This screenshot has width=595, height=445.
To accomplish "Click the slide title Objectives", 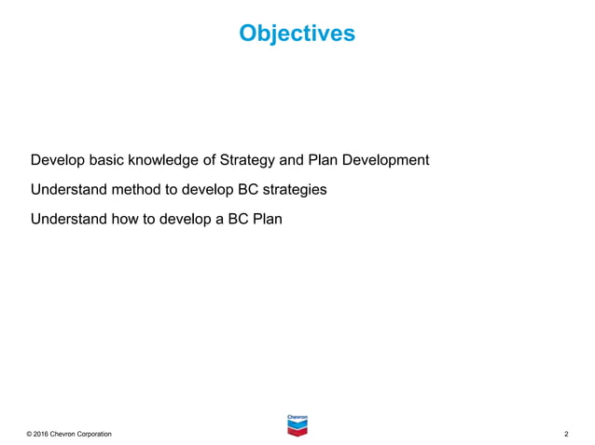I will pyautogui.click(x=297, y=34).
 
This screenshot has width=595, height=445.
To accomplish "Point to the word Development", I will pyautogui.click(x=385, y=160).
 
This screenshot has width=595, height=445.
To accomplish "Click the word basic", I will pyautogui.click(x=107, y=160).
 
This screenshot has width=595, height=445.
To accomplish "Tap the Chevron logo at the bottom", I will pyautogui.click(x=297, y=423).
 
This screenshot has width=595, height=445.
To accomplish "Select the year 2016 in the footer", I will pyautogui.click(x=46, y=435).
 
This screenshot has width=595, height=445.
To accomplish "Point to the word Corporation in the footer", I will pyautogui.click(x=94, y=435).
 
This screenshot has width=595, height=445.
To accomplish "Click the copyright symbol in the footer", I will pyautogui.click(x=31, y=435).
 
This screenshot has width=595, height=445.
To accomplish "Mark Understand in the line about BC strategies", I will pyautogui.click(x=68, y=190).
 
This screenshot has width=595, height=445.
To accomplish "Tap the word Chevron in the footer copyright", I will pyautogui.click(x=67, y=435).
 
